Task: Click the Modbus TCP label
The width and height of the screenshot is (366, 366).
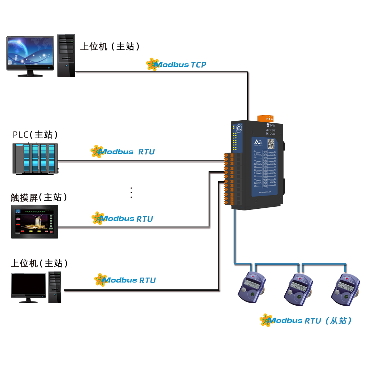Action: pyautogui.click(x=180, y=64)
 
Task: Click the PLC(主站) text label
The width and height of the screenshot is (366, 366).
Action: pyautogui.click(x=35, y=135)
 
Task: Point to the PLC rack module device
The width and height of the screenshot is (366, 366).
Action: pyautogui.click(x=35, y=158)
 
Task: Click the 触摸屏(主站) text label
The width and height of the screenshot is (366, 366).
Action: pyautogui.click(x=39, y=197)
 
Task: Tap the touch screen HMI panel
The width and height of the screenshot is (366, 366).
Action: pyautogui.click(x=34, y=221)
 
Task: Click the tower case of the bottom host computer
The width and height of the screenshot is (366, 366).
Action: pyautogui.click(x=55, y=287)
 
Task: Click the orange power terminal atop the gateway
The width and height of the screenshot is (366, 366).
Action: pyautogui.click(x=267, y=119)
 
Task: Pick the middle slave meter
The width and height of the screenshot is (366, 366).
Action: pyautogui.click(x=299, y=288)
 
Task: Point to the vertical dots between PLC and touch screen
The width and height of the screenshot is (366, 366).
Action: pyautogui.click(x=131, y=192)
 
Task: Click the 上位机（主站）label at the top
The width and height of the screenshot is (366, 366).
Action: pyautogui.click(x=110, y=46)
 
